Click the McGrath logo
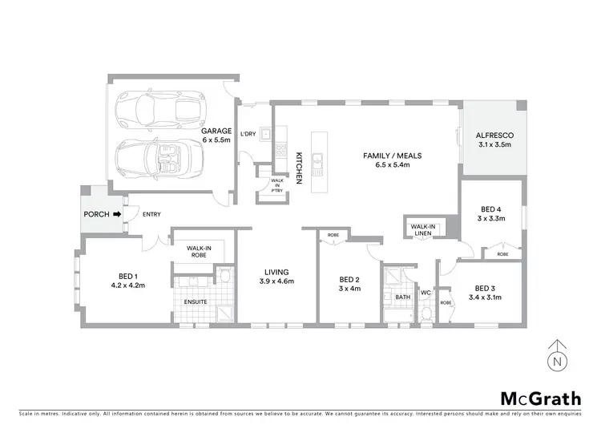click(x=542, y=398)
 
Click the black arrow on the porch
click(x=117, y=214)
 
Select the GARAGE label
click(x=216, y=131)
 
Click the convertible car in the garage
click(x=158, y=156)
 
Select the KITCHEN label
click(x=300, y=169)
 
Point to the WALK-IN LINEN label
click(x=423, y=230)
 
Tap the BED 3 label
click(x=486, y=288)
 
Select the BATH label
click(x=402, y=297)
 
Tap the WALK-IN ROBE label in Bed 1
click(x=197, y=252)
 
